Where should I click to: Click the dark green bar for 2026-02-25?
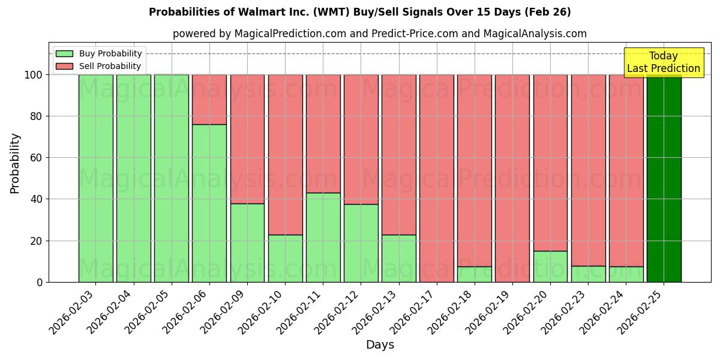pos(664,178)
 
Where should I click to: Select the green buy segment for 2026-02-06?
pos(209,203)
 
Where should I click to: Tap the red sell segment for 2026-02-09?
pos(247,139)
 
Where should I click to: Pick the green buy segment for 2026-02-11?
pos(323,237)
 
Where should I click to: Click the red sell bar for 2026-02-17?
pos(437,178)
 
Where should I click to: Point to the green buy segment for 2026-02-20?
pos(550,266)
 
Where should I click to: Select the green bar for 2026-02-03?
pos(96,178)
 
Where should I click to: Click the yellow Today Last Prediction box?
pos(663,62)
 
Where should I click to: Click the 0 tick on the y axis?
pos(40,282)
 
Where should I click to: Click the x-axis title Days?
pos(380,345)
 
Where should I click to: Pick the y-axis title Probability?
pos(15,163)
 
